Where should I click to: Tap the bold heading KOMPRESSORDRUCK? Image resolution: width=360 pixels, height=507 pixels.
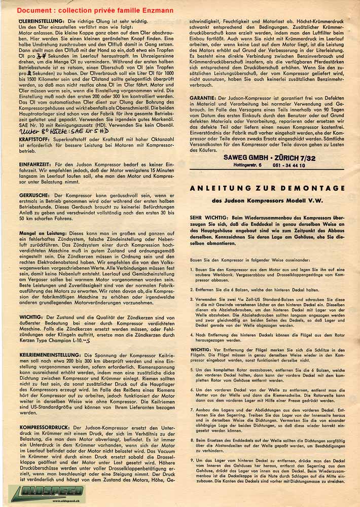click(44, 428)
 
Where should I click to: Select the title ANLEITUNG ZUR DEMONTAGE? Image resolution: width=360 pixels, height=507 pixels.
click(266, 188)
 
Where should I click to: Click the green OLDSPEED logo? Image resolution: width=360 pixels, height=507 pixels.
click(34, 494)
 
